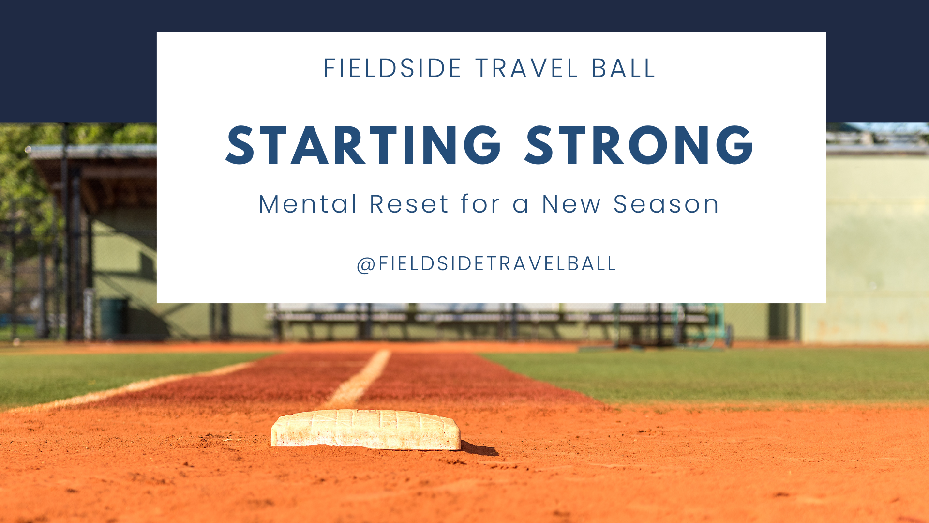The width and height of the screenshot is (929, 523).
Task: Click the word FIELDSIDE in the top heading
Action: pos(392,68)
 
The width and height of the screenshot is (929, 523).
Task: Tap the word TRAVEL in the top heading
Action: pos(527,68)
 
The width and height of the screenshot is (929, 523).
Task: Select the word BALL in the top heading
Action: pos(624,68)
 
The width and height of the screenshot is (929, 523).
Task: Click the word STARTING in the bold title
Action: pos(363,145)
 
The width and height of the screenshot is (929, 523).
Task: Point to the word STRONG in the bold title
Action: pos(639,145)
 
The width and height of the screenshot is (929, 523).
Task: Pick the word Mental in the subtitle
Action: pos(308,204)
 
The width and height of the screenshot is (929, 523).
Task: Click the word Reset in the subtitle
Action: pos(409,204)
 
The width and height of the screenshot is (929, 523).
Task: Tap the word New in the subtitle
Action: pos(571,204)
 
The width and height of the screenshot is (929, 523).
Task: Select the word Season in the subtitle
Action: pos(666,204)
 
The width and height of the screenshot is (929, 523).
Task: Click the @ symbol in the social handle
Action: pos(366,264)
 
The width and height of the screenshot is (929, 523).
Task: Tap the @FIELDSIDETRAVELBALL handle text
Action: pos(486,264)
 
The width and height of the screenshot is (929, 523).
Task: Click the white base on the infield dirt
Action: pos(366,429)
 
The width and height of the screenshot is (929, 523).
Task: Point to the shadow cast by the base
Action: pos(479,448)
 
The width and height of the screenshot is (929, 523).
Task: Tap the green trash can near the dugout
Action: pos(114,318)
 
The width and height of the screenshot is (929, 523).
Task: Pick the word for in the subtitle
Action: pos(480,203)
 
